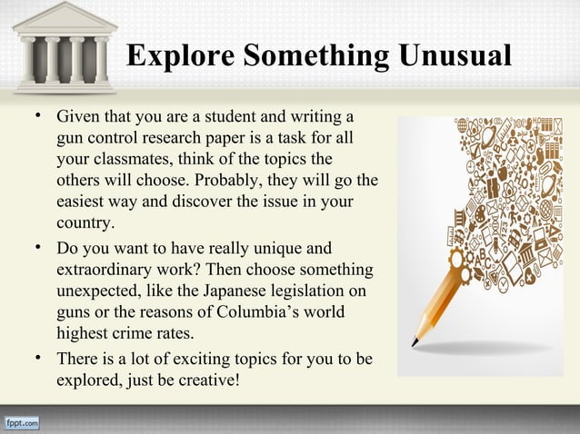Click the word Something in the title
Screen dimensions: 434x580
[x=313, y=55]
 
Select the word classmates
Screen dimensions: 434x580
[x=135, y=160]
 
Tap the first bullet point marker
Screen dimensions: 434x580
[x=37, y=118]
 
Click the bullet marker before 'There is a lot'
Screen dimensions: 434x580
[x=37, y=358]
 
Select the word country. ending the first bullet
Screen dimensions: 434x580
[x=86, y=222]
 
